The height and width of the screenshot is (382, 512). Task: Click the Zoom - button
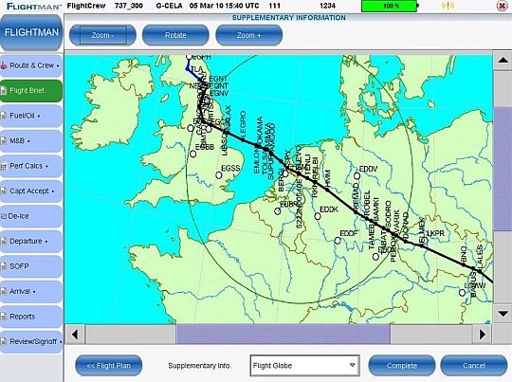point(103,34)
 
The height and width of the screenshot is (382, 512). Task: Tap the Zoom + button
point(248,34)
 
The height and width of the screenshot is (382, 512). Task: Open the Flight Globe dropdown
point(303,364)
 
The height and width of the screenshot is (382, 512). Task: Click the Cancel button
point(476,364)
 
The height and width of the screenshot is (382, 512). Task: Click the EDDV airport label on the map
point(369,169)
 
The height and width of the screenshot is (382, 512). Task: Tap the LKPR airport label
point(435,233)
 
